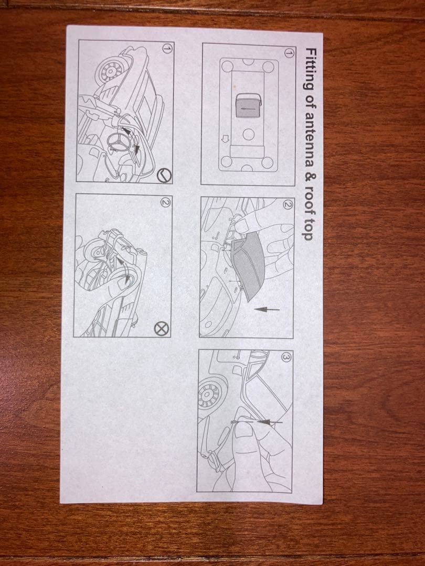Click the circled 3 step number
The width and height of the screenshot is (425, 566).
(285, 357)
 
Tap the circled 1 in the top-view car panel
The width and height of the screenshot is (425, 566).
(289, 53)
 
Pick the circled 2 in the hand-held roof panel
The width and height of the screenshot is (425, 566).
(288, 205)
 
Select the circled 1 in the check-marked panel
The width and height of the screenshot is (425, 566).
(167, 48)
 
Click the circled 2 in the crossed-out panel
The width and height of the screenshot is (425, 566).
(165, 202)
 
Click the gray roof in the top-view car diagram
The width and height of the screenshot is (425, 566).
(248, 105)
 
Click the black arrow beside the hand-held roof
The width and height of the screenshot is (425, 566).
(267, 309)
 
